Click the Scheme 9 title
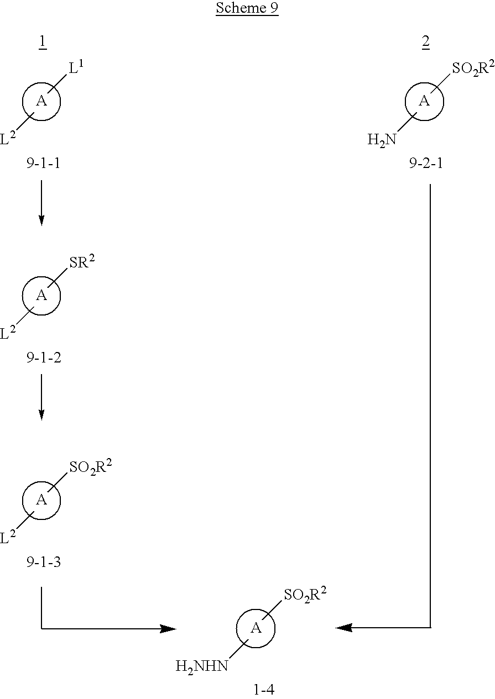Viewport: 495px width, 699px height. (247, 9)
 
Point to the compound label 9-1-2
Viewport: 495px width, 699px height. (44, 358)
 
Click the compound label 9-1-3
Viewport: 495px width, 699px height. (44, 562)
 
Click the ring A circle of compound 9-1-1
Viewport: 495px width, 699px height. (41, 102)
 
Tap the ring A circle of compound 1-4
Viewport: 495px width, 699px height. (256, 628)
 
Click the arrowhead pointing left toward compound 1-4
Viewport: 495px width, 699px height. (343, 628)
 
